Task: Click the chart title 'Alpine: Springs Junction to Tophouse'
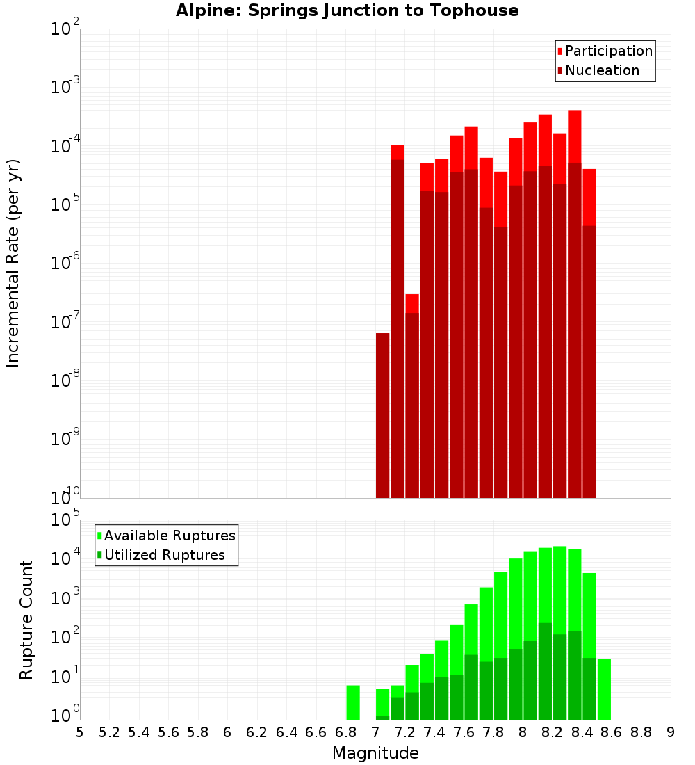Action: coord(347,10)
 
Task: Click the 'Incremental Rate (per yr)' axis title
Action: coord(13,263)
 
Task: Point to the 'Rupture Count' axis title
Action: coord(26,619)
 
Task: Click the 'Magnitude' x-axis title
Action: coord(375,753)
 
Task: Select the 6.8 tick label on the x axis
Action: coord(345,732)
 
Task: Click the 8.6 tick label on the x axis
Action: coord(611,732)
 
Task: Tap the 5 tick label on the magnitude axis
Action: coord(80,732)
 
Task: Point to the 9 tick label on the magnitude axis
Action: coord(670,732)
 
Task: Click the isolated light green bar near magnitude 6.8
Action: coord(353,702)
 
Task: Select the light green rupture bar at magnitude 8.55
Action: coord(604,689)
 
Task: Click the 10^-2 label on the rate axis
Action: coord(65,29)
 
